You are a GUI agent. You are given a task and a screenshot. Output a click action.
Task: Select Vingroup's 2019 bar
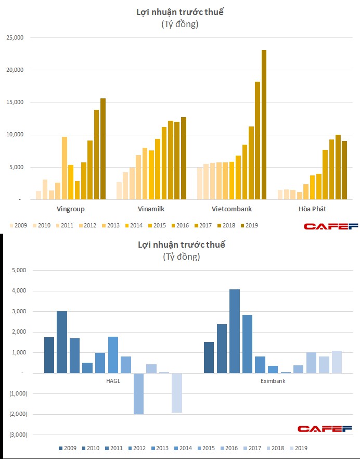pos(103,149)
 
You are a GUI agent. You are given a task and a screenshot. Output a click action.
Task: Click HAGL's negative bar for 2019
pos(177,393)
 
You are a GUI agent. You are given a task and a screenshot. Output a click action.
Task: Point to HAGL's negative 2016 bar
pos(138,393)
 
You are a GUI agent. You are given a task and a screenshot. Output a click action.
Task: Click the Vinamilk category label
pos(151,209)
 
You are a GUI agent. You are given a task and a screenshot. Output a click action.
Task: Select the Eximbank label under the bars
pos(273,381)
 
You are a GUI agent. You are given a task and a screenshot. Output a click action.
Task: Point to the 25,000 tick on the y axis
pos(14,38)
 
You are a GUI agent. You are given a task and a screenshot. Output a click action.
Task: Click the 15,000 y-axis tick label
pos(14,103)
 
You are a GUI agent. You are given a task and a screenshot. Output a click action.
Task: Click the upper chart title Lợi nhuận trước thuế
pos(179,11)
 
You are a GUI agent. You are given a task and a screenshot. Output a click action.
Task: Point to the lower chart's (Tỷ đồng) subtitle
pos(181,257)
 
